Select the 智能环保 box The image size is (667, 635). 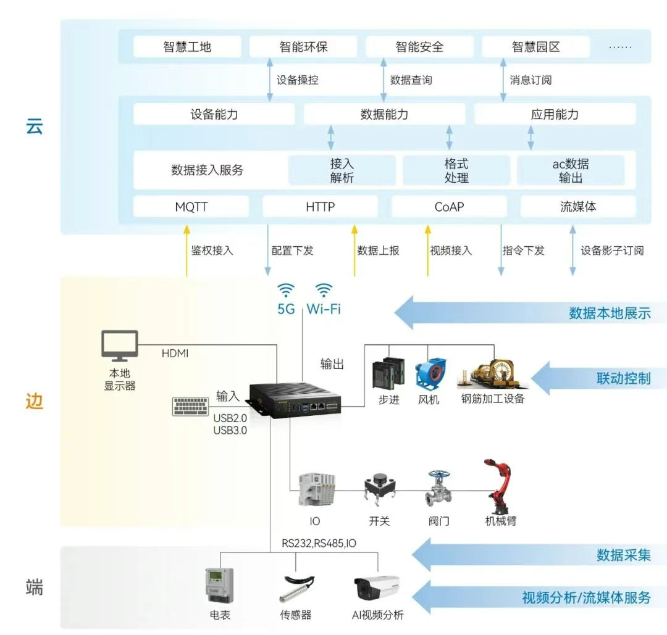tap(303, 47)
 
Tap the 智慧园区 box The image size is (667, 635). tap(535, 47)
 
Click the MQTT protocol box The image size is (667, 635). tap(191, 207)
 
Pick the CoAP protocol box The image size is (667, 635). tap(449, 207)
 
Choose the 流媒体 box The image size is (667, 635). tap(578, 207)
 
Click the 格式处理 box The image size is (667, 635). tap(456, 170)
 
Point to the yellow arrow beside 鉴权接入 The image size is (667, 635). tap(186, 250)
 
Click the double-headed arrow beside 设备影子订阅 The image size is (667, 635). tap(573, 250)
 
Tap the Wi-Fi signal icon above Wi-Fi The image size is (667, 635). tap(324, 291)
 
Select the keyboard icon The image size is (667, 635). tap(191, 406)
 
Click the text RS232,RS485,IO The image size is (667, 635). tap(319, 544)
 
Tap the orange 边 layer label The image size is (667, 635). tap(35, 401)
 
